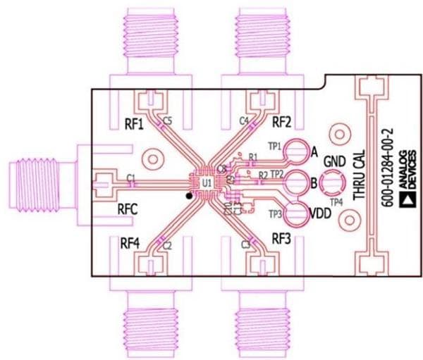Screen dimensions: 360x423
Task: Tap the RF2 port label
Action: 282,120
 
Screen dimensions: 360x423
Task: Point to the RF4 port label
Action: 130,243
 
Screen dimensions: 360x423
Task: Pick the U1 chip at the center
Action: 207,183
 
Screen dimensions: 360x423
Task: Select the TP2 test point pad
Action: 298,182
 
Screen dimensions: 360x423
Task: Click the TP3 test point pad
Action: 299,213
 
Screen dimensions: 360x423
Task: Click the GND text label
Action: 334,163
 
